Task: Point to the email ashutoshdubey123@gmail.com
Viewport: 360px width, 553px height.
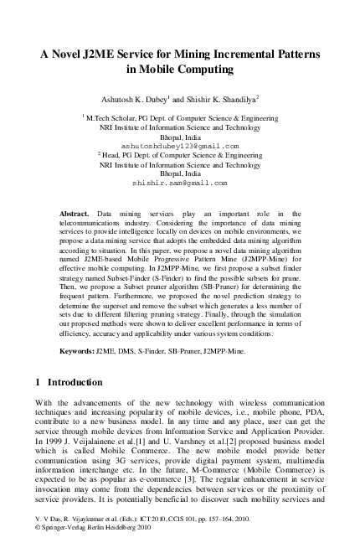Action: pyautogui.click(x=179, y=145)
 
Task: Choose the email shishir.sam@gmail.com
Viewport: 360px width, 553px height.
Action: pyautogui.click(x=179, y=181)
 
